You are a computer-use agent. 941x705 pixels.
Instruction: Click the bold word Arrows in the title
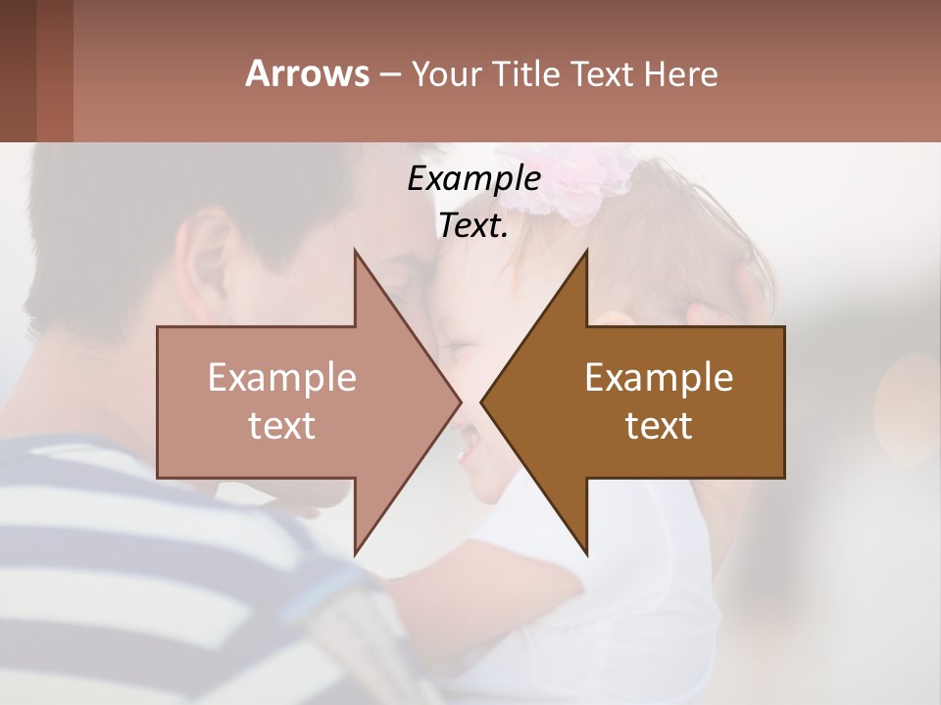click(307, 73)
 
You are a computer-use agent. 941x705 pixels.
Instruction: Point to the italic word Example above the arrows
click(473, 178)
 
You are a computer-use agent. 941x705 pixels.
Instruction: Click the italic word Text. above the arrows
click(473, 225)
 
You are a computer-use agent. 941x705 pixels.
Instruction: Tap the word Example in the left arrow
click(282, 377)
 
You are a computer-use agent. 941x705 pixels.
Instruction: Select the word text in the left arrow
click(282, 425)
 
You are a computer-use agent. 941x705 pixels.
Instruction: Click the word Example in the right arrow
click(659, 377)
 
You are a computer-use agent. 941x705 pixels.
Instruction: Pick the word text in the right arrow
click(659, 425)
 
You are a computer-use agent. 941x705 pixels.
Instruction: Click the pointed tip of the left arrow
click(460, 401)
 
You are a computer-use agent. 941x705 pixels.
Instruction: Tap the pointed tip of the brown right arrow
click(481, 401)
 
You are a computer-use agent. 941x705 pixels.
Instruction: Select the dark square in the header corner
click(19, 70)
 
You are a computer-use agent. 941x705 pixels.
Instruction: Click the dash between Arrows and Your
click(388, 74)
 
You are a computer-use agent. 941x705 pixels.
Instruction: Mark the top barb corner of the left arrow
click(355, 250)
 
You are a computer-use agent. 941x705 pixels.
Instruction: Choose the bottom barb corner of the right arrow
click(586, 554)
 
